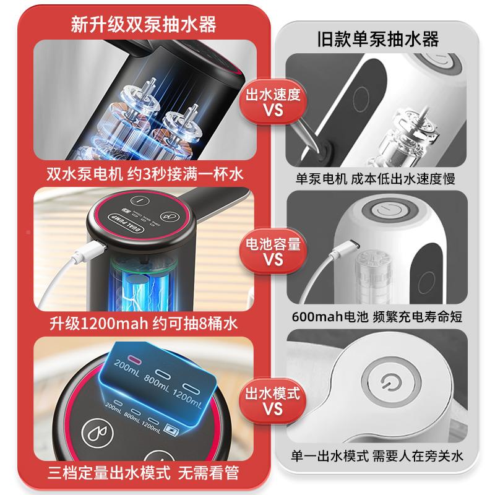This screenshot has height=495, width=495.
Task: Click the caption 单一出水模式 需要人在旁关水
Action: pyautogui.click(x=377, y=457)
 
